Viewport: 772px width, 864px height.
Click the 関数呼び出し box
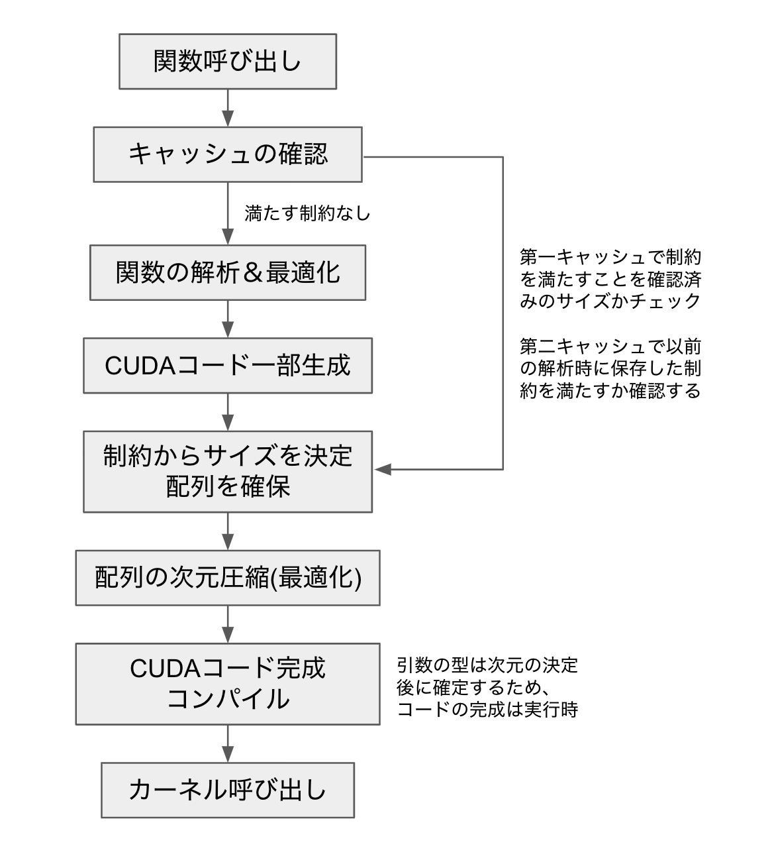pos(228,62)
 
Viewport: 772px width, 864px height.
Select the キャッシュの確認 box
pos(228,154)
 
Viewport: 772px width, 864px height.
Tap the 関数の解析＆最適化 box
pos(228,272)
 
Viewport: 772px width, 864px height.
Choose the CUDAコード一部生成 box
pos(228,366)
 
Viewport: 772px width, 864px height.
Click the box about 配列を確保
pos(228,472)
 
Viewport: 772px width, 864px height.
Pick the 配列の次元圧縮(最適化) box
pos(228,578)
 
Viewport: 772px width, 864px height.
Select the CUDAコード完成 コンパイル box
pos(228,684)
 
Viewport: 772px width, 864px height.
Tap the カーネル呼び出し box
pos(228,790)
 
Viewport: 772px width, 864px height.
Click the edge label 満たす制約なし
pos(307,213)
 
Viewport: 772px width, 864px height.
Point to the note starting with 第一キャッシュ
pos(610,280)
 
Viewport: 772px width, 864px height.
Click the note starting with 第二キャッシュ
pos(610,369)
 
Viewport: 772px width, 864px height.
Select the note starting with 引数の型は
pos(487,688)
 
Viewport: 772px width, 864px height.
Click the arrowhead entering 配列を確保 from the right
pos(383,470)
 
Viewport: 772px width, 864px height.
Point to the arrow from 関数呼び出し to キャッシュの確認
pos(228,108)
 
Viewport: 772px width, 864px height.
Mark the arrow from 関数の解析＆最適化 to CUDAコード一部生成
pos(228,319)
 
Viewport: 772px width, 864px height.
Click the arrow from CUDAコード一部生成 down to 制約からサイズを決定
pos(228,412)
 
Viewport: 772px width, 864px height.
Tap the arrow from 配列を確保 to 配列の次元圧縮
pos(228,531)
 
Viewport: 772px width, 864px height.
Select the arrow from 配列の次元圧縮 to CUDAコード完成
pos(228,624)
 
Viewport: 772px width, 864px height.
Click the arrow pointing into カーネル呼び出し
pos(228,743)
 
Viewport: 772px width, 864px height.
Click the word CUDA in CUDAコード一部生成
pos(140,366)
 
